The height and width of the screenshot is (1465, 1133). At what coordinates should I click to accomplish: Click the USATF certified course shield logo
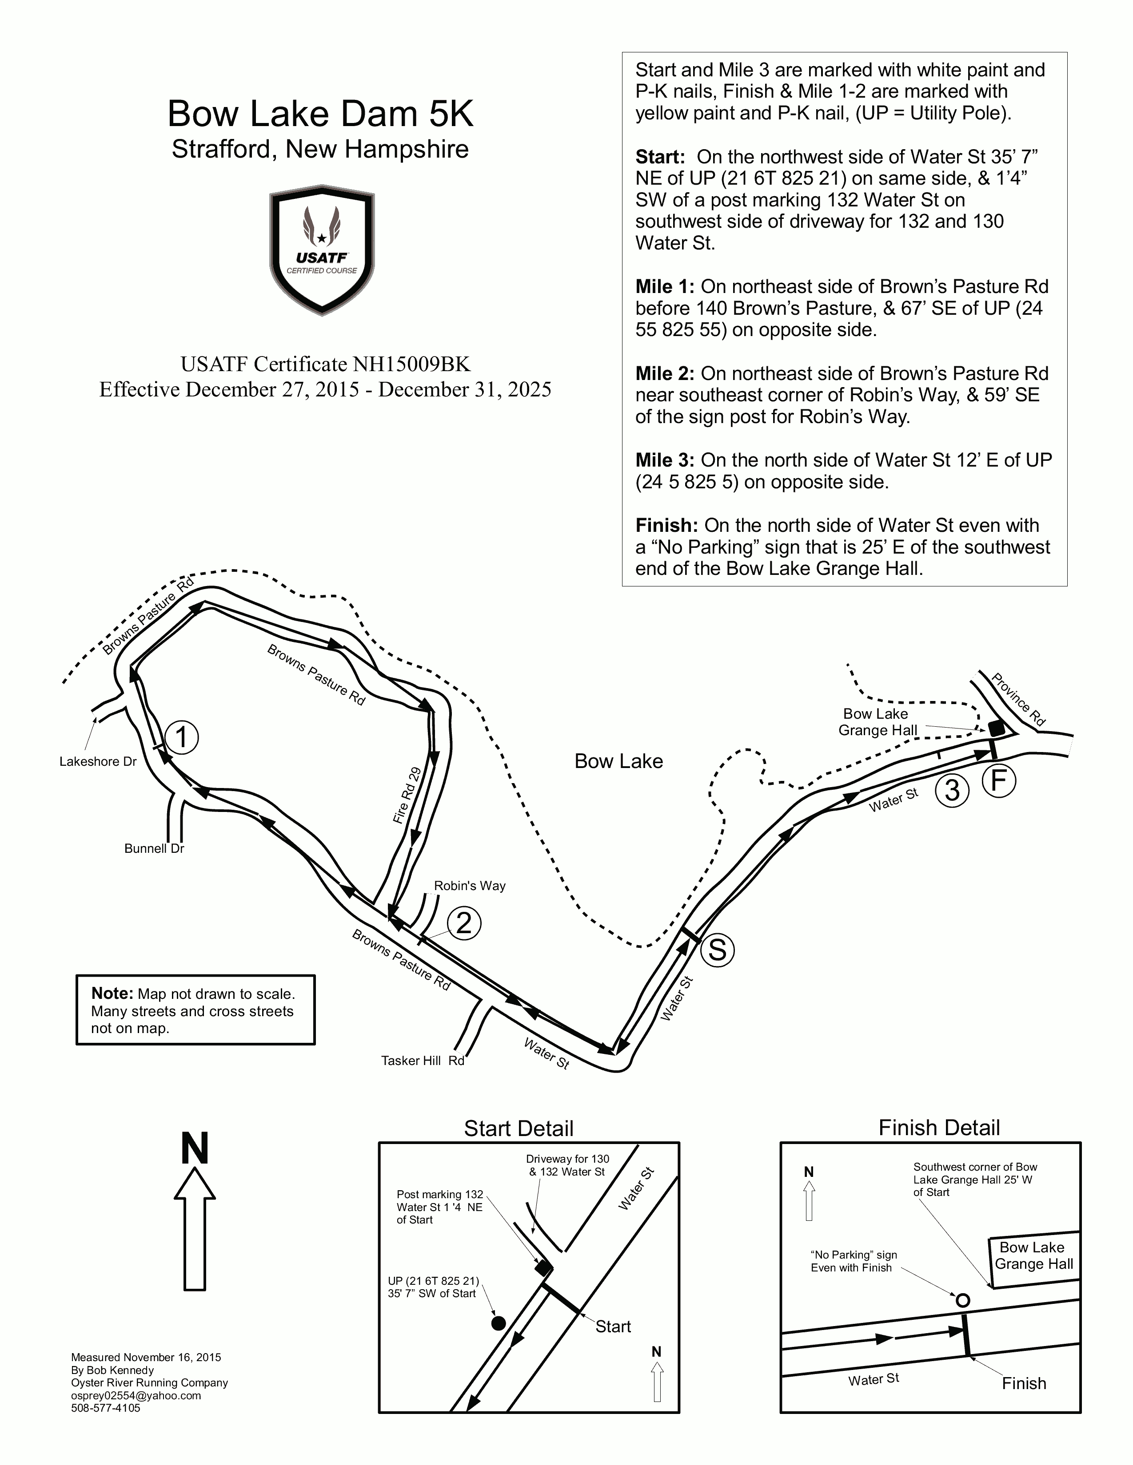[x=322, y=249]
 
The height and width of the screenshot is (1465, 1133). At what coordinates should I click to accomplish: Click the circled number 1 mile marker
[x=182, y=738]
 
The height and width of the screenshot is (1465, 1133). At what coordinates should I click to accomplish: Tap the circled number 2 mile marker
[x=464, y=924]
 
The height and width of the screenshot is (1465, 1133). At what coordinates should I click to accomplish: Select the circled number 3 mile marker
[x=952, y=790]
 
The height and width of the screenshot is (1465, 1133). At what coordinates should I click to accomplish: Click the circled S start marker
[x=717, y=950]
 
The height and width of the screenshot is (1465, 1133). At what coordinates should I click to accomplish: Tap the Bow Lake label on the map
[x=618, y=761]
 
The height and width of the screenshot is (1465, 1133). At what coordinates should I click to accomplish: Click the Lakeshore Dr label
[x=98, y=761]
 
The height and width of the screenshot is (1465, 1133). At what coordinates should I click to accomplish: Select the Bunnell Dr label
[x=154, y=848]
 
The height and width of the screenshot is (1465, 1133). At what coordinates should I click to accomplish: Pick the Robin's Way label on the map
[x=469, y=886]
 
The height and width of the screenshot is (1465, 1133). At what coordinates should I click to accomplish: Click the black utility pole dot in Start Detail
[x=498, y=1323]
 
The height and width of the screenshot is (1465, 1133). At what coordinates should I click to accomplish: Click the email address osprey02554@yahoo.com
[x=136, y=1395]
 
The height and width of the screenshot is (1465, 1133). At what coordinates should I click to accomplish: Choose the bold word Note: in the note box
[x=112, y=994]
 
